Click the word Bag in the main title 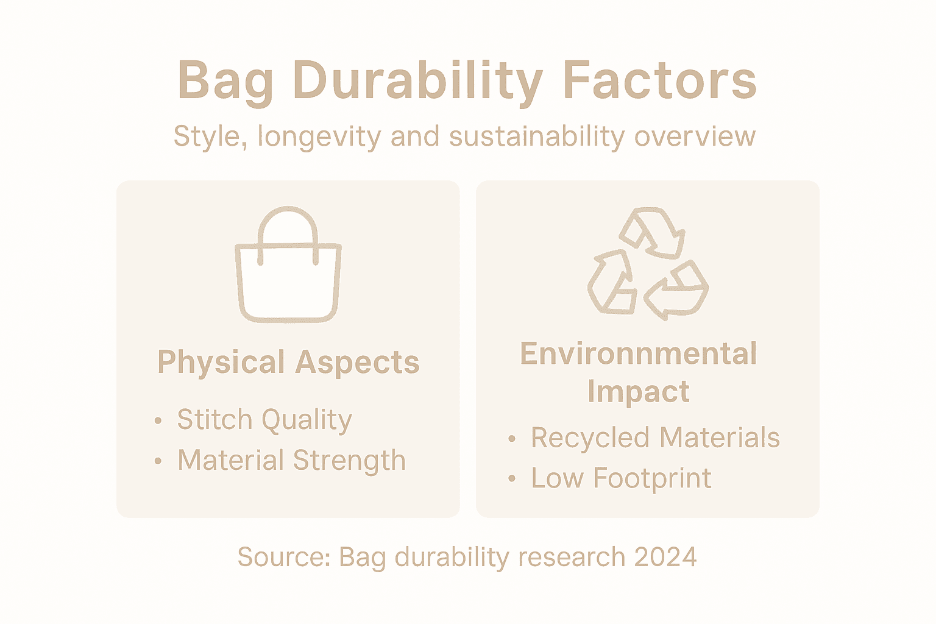225,81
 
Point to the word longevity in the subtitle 319,136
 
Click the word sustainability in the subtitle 537,136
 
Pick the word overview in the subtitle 695,136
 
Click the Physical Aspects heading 288,362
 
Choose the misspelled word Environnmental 638,354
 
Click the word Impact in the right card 638,391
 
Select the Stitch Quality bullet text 264,420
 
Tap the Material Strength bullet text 291,460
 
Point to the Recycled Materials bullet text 655,438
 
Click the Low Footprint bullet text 621,478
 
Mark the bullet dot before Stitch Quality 158,420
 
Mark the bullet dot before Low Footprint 512,479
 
